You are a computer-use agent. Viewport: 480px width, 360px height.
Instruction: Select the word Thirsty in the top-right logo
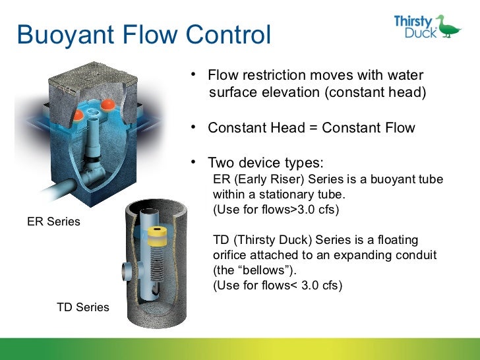pyautogui.click(x=413, y=20)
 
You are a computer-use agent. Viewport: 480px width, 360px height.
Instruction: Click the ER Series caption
pyautogui.click(x=53, y=222)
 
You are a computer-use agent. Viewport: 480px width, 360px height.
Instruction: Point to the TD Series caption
pyautogui.click(x=83, y=307)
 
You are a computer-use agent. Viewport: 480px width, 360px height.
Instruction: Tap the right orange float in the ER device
pyautogui.click(x=107, y=104)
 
